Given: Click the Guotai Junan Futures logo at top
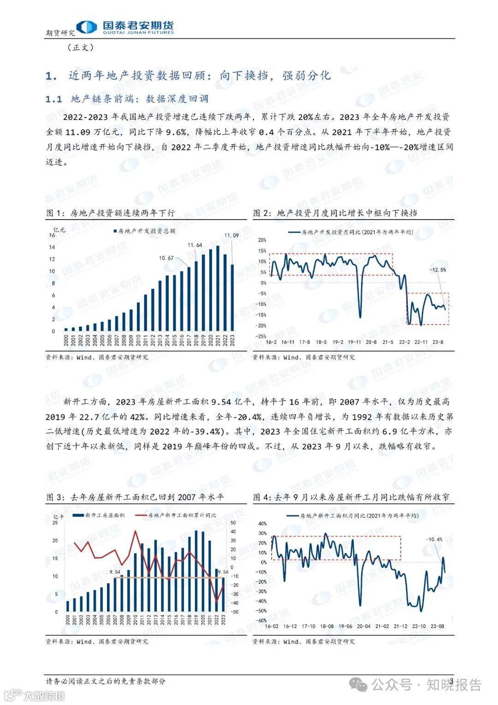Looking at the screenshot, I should (125, 27).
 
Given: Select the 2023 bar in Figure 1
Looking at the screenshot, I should (232, 298).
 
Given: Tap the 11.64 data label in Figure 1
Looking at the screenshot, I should (195, 245).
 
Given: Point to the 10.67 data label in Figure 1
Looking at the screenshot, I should (166, 258).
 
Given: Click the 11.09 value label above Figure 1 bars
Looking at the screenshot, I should (231, 235).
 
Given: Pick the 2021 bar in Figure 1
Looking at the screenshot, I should (218, 290).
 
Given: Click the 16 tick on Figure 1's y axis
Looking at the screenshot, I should (52, 235).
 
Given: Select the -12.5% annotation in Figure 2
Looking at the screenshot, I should (438, 269).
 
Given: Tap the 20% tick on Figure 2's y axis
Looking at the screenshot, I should (262, 240).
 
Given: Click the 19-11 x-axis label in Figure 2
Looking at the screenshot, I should (354, 342).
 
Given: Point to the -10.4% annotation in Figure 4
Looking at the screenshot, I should (434, 539).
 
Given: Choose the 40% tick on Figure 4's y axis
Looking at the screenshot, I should (262, 524).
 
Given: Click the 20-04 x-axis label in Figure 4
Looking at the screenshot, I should (363, 626).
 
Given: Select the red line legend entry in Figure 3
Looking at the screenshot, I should (175, 515).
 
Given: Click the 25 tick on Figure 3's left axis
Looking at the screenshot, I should (55, 522).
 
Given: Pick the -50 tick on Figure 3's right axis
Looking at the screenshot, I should (234, 612).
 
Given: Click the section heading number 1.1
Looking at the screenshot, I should (53, 99).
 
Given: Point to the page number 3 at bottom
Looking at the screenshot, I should (451, 681).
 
